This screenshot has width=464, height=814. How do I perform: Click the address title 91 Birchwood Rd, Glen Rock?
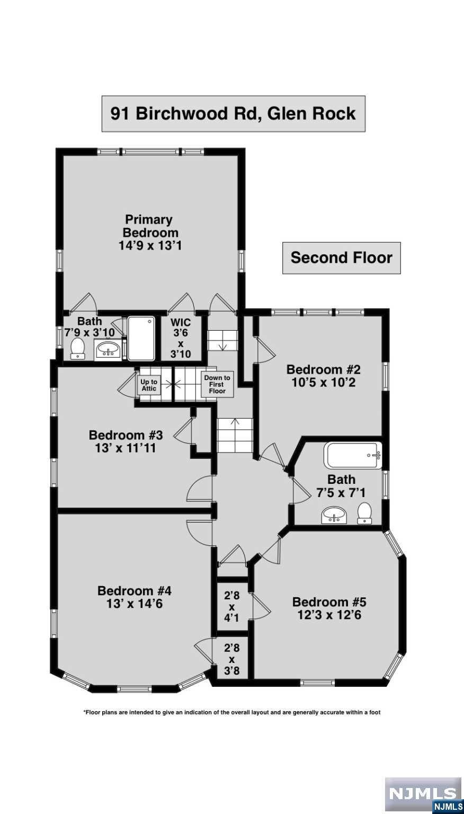[x=233, y=114]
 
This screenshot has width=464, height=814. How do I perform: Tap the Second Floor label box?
[x=342, y=258]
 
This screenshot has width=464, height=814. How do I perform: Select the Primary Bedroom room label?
[x=150, y=233]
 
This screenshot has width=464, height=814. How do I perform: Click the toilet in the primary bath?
[x=77, y=349]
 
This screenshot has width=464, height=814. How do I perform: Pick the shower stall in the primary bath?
[x=141, y=338]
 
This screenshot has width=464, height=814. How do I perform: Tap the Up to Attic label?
[x=149, y=386]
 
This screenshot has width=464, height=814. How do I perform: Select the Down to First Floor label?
[x=217, y=384]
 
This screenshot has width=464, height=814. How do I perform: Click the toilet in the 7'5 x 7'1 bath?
[x=364, y=514]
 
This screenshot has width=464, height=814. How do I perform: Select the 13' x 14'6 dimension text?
[x=135, y=604]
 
